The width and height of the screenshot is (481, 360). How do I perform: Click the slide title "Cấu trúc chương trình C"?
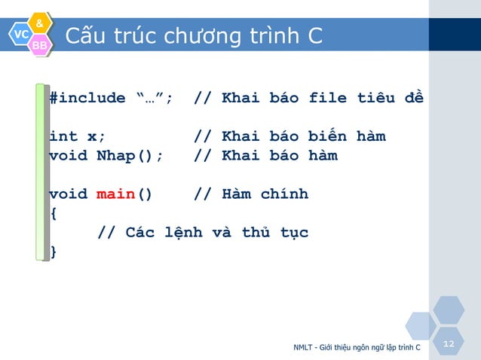coord(194,35)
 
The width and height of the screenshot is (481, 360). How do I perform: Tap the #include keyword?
coord(87,98)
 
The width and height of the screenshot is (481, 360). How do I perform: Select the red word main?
coord(115,194)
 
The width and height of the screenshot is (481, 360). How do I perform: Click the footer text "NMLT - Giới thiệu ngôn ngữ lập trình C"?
coord(357,348)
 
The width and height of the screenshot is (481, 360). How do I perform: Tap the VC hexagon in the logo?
coord(20,35)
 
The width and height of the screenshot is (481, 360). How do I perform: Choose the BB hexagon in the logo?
coord(39,47)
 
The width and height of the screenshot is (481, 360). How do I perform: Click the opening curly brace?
coord(53,213)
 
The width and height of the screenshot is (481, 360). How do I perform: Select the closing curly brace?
coord(53,252)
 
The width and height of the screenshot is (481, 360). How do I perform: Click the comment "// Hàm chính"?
coord(251,194)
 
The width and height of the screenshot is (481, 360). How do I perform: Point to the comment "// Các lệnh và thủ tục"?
coord(203,233)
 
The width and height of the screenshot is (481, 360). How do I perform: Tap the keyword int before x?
coord(63,136)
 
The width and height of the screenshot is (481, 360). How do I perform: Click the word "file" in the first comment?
coord(328,98)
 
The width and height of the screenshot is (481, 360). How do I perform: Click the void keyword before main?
coord(68,194)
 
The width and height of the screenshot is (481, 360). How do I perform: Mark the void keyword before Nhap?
coord(68,156)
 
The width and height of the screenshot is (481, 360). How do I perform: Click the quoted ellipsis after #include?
coord(154,98)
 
